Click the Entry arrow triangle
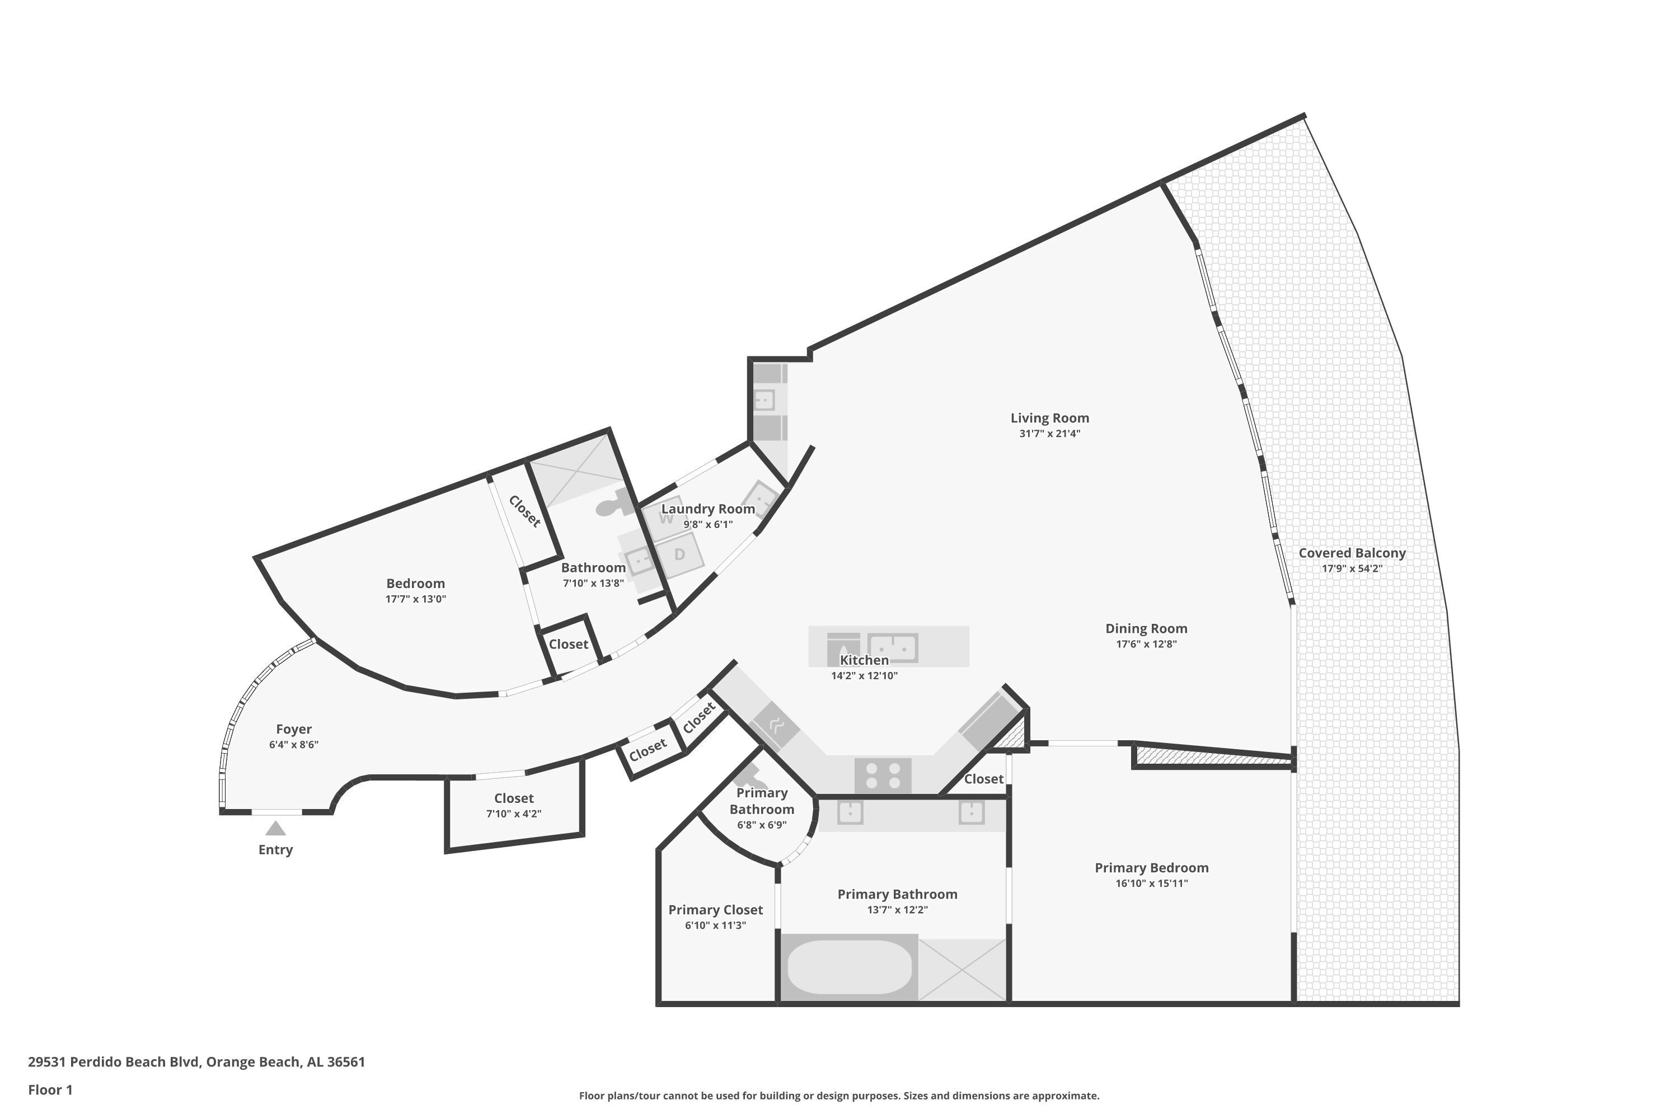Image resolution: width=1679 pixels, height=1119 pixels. point(275,828)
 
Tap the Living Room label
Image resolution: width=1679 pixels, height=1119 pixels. point(1049,418)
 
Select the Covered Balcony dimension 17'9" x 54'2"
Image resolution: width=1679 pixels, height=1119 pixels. point(1352,569)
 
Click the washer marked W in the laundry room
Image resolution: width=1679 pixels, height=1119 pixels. point(665,518)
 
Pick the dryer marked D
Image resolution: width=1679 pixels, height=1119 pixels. point(679,554)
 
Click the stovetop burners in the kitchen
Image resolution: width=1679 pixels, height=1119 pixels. point(883,775)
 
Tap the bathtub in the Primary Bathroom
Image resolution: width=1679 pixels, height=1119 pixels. point(850,967)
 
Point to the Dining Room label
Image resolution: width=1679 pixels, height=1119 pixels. point(1146,629)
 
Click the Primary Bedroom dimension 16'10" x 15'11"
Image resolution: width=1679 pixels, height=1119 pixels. point(1151,883)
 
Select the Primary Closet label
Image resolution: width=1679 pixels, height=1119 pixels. point(715,910)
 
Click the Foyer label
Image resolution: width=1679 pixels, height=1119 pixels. point(293,730)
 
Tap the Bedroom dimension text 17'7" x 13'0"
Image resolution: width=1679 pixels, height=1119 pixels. point(415,599)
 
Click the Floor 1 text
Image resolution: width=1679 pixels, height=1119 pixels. point(50,1090)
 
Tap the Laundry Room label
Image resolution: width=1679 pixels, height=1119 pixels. point(707,509)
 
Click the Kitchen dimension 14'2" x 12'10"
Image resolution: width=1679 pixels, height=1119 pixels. point(864,676)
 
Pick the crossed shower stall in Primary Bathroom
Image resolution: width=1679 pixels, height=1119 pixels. point(962,970)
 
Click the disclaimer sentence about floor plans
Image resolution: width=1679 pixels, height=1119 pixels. point(839,1096)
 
